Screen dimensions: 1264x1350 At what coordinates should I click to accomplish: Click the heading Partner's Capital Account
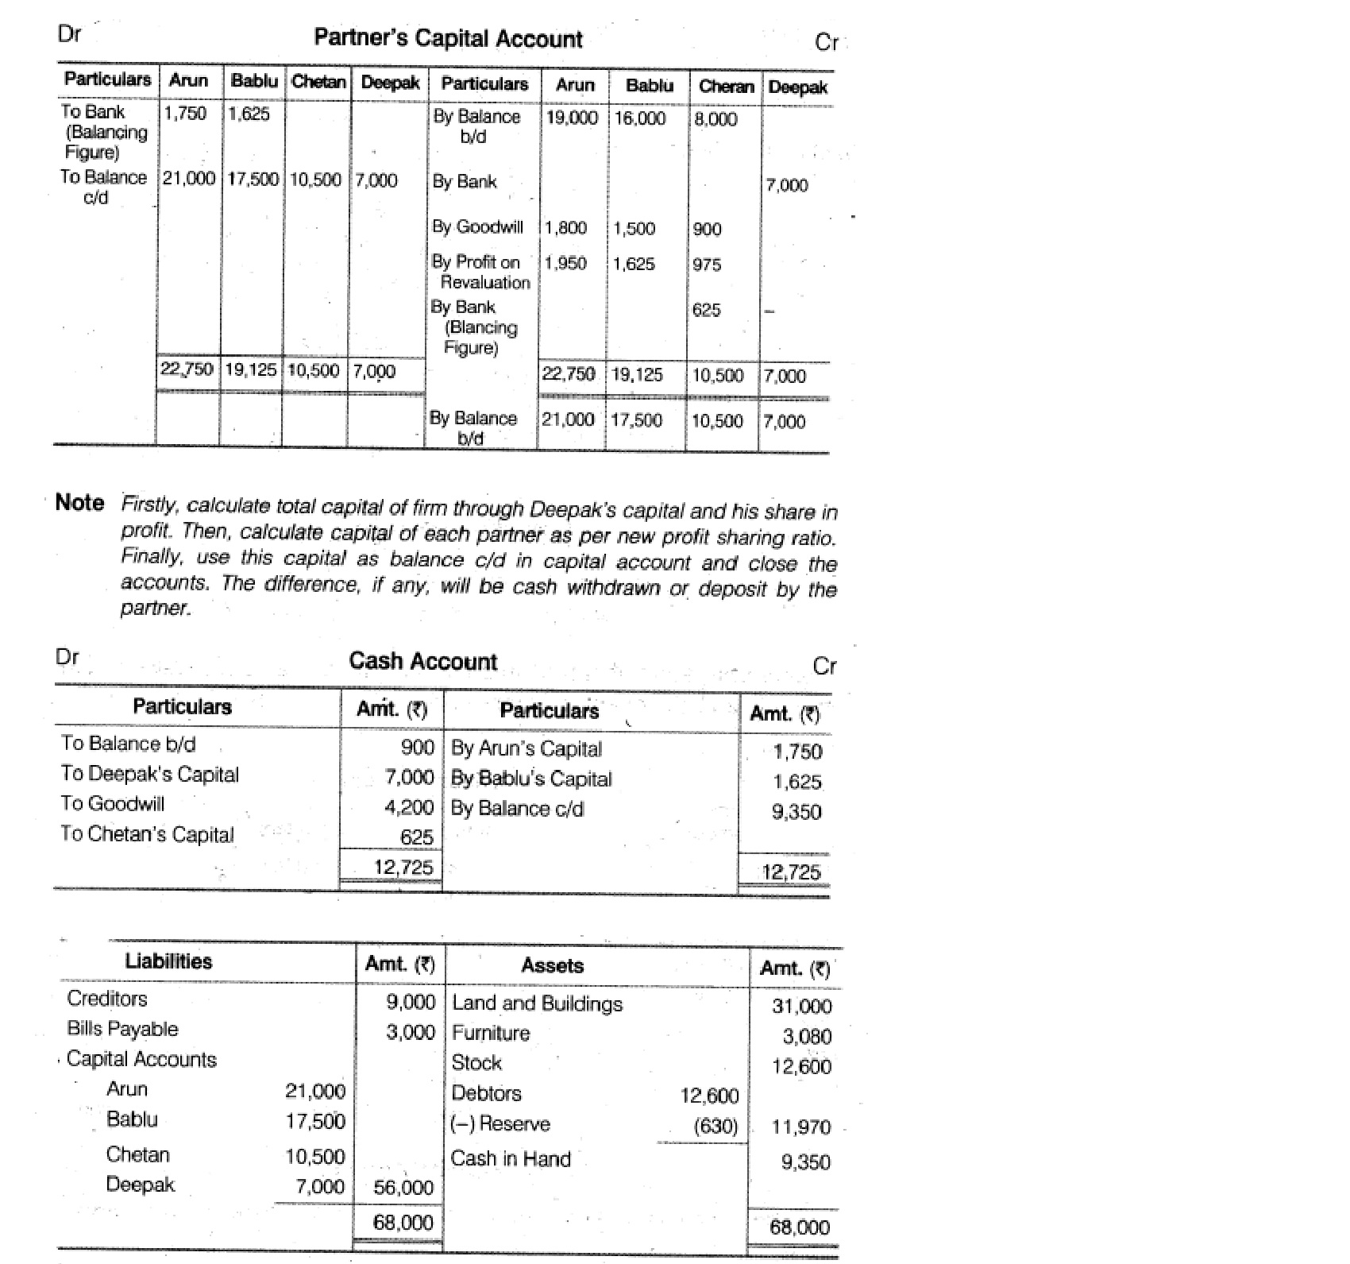click(448, 38)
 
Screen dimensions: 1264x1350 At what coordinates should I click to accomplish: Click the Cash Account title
click(422, 661)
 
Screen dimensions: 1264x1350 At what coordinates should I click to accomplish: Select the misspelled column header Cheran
click(726, 87)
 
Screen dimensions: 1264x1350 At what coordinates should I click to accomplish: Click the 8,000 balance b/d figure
click(715, 119)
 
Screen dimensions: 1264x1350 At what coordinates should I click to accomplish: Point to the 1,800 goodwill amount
click(566, 228)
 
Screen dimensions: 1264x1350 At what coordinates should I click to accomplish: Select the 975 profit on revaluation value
click(707, 265)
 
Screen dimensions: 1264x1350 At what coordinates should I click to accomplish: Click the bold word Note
click(79, 503)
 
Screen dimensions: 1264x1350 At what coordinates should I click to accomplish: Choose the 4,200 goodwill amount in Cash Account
click(409, 807)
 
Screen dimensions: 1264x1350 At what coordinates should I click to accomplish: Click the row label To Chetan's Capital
click(148, 834)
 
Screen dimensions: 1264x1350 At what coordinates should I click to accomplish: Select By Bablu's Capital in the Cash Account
click(531, 779)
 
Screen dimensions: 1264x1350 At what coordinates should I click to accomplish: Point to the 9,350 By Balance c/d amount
click(796, 812)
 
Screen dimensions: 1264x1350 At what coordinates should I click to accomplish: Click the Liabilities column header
click(168, 961)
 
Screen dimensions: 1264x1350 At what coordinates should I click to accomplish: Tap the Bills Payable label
click(123, 1029)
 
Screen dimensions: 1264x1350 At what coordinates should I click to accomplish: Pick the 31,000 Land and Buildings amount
click(802, 1006)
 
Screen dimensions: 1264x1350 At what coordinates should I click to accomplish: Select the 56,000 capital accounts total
click(403, 1188)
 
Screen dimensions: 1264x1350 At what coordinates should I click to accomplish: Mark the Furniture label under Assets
click(491, 1033)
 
